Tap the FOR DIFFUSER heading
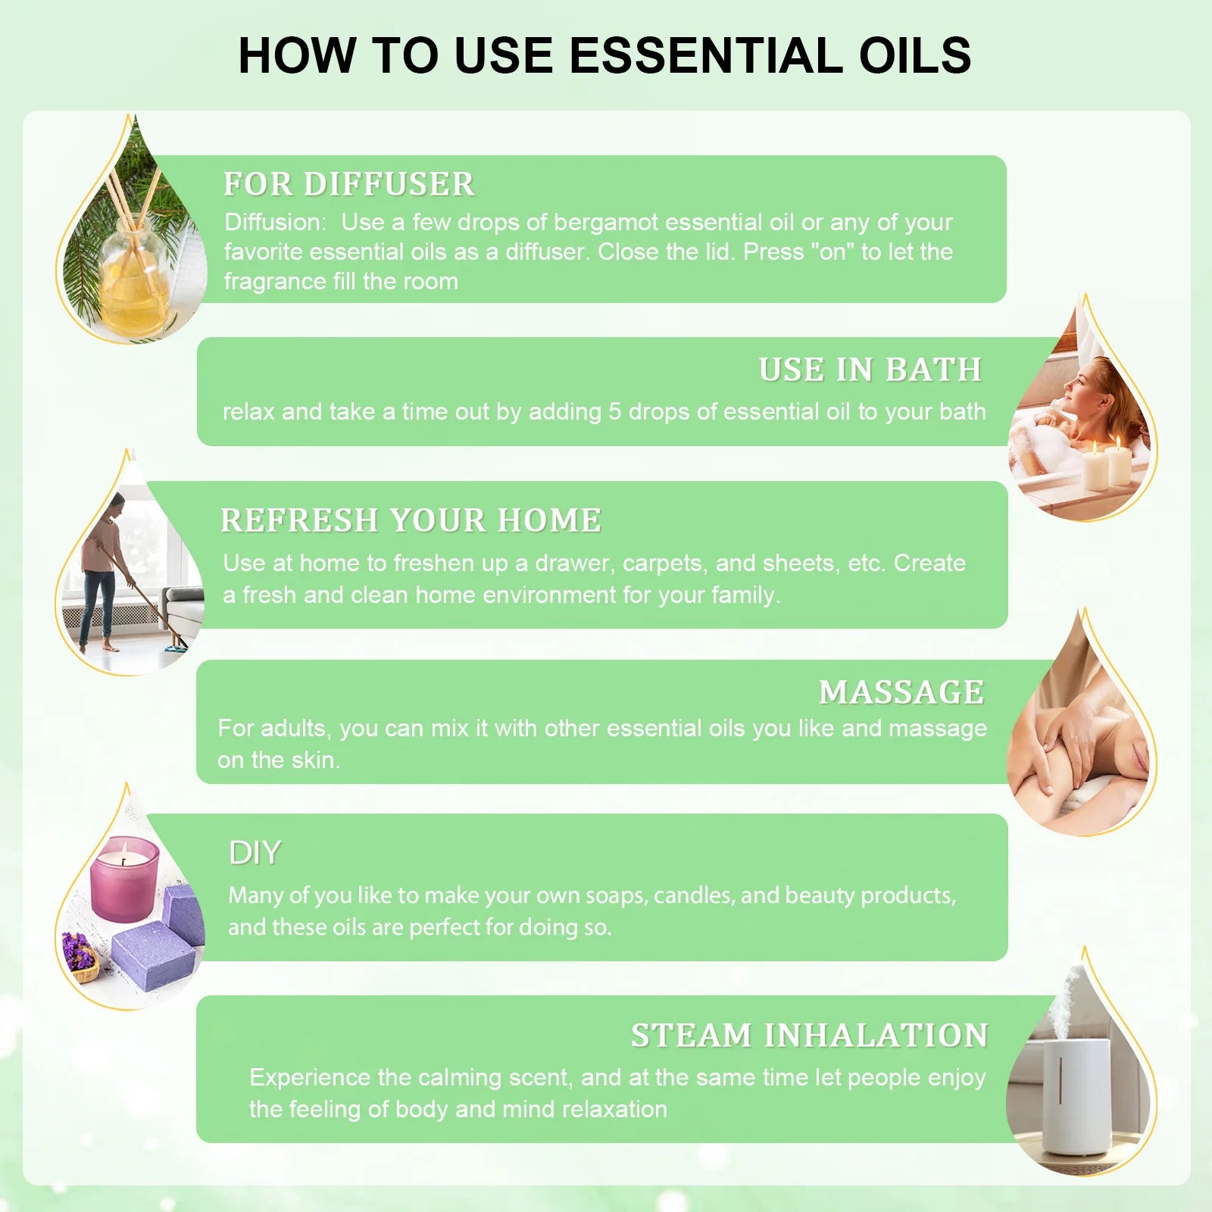349,184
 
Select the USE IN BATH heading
870,370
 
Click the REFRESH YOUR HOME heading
411,520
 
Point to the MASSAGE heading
901,692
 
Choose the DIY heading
255,853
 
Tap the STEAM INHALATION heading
810,1036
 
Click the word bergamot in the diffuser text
605,223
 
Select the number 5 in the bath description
614,411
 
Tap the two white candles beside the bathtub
1107,464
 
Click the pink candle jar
124,879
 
